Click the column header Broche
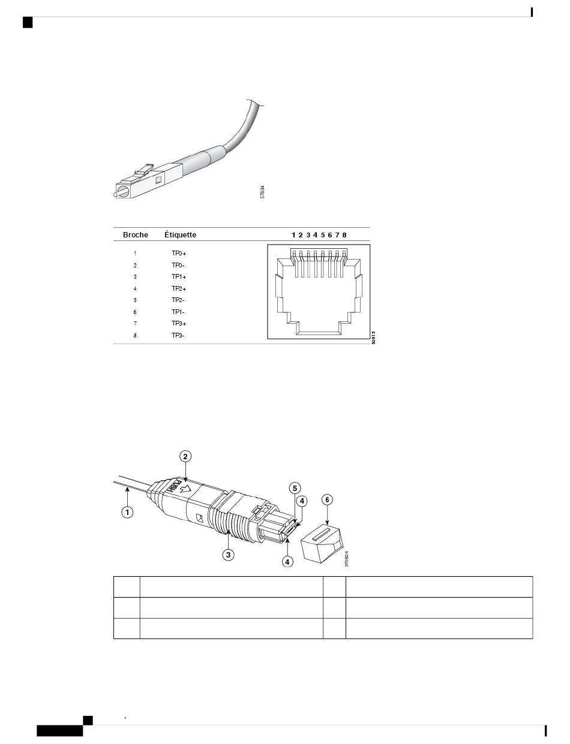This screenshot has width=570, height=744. click(x=135, y=235)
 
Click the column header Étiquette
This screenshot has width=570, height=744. click(x=180, y=235)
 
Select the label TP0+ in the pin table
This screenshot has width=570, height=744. click(x=179, y=254)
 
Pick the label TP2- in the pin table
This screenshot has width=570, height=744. click(x=178, y=300)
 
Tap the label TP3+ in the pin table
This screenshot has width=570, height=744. click(x=179, y=324)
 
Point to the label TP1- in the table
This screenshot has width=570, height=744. click(x=178, y=312)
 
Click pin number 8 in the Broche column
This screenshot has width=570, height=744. click(x=135, y=336)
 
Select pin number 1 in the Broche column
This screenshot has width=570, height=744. click(x=135, y=254)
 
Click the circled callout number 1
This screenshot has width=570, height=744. click(x=128, y=513)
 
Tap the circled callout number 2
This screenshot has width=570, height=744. click(x=186, y=456)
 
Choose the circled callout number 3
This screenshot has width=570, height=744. click(x=228, y=555)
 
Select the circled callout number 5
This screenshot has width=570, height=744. click(x=295, y=488)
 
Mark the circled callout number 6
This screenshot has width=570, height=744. click(x=327, y=499)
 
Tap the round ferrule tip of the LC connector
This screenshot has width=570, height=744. click(x=122, y=192)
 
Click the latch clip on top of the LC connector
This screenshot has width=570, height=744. click(x=143, y=170)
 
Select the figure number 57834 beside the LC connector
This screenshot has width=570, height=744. click(x=262, y=192)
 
